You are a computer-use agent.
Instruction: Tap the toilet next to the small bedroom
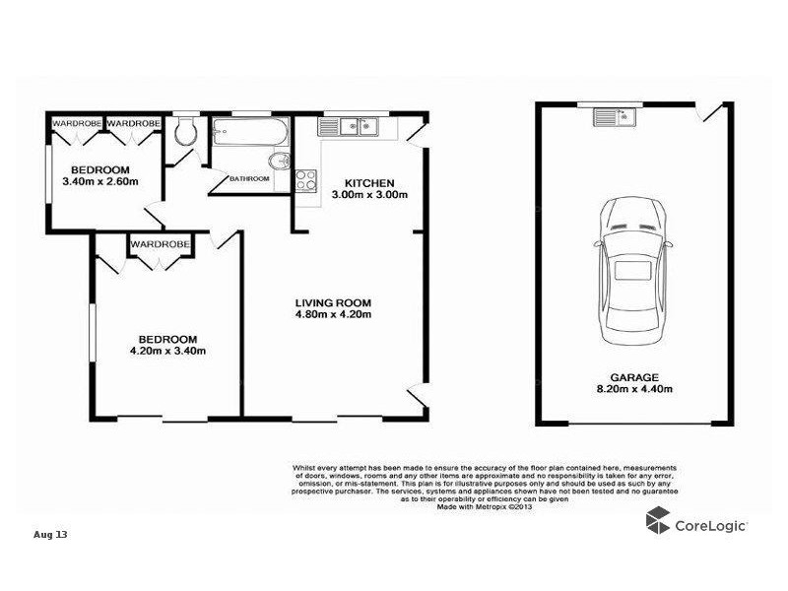click(184, 135)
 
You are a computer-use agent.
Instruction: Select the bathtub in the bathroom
click(250, 133)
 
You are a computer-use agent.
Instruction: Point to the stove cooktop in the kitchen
click(305, 180)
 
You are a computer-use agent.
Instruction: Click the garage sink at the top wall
click(616, 117)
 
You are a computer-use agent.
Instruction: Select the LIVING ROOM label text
click(333, 302)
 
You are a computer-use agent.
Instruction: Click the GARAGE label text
click(633, 376)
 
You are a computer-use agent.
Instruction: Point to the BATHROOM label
click(249, 178)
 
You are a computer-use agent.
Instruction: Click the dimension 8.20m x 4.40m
click(633, 389)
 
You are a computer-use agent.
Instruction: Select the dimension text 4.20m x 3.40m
click(167, 350)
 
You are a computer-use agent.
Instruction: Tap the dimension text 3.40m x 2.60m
click(99, 181)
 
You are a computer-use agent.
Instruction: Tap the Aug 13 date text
click(50, 534)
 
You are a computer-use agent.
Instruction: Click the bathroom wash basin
click(279, 163)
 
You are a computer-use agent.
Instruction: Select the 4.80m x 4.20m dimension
click(333, 315)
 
